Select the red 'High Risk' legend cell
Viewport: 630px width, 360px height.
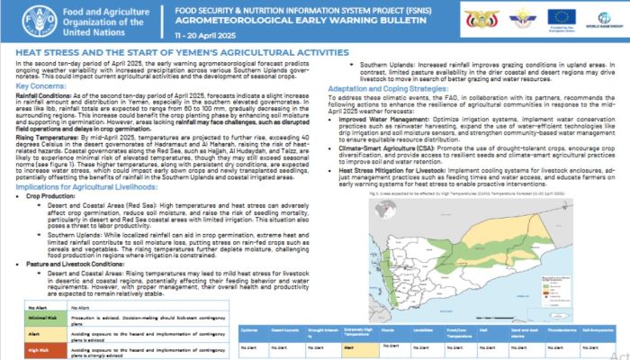(34, 348)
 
